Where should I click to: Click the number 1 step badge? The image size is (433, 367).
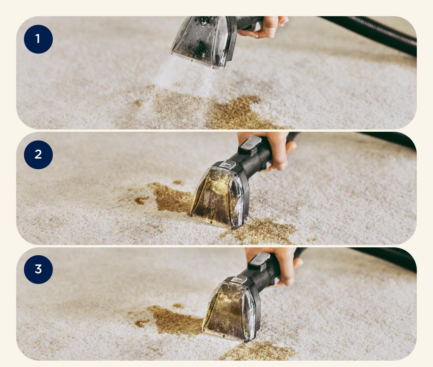point(38,39)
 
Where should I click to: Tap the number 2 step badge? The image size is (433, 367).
point(38,155)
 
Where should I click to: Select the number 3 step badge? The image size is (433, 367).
point(38,269)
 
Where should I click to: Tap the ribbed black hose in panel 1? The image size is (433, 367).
point(369,33)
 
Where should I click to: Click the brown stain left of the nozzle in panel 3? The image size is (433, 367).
point(172,319)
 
